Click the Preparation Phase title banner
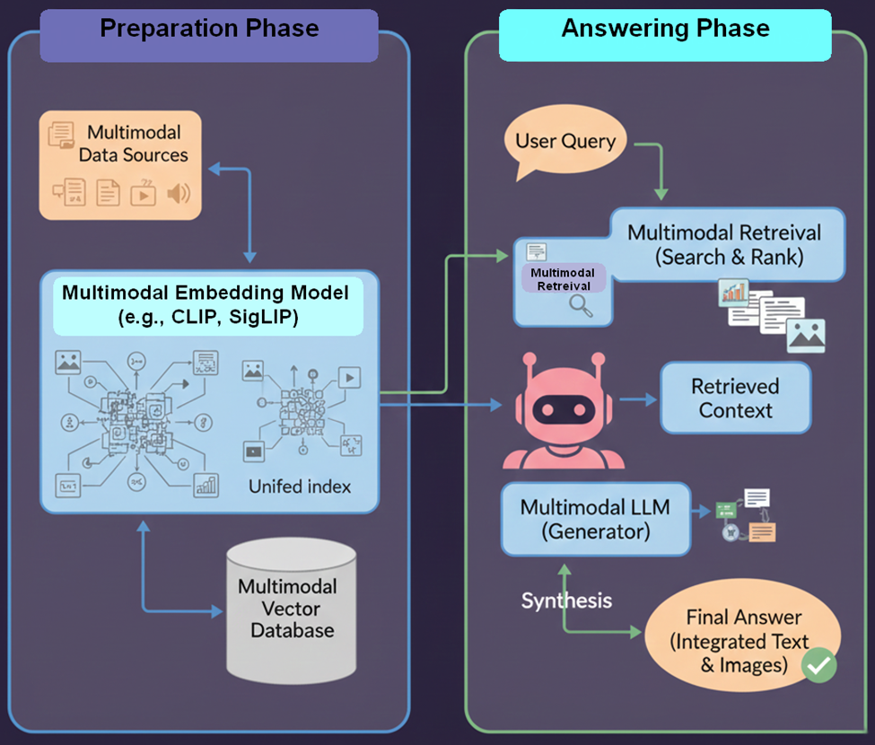[x=209, y=30]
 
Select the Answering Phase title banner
[x=665, y=30]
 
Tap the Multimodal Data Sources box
[x=120, y=164]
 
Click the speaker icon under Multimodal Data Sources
[x=179, y=192]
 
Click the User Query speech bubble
[x=565, y=142]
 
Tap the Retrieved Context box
[x=736, y=398]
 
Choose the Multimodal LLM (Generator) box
[x=595, y=519]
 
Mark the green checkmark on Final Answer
[x=818, y=665]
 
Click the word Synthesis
[x=566, y=600]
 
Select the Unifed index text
[x=300, y=487]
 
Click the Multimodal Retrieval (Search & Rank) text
[x=723, y=245]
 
